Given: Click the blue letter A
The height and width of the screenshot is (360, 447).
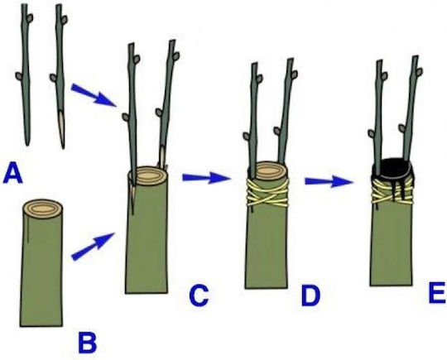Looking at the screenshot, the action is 12,173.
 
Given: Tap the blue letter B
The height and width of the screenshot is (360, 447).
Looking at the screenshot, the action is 88,343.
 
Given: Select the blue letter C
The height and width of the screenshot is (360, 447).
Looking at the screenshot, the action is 199,295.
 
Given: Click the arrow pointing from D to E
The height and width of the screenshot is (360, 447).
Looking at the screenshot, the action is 329,181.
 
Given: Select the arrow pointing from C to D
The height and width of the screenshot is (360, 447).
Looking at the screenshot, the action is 206,178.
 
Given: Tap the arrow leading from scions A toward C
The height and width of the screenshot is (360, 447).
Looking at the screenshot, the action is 94,95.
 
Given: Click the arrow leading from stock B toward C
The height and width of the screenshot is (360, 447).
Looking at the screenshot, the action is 93,247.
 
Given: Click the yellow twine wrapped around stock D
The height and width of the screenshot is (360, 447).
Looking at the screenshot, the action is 267,194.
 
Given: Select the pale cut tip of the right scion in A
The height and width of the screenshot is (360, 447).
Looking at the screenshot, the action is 62,128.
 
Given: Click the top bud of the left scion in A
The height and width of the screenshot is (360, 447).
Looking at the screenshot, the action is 30,18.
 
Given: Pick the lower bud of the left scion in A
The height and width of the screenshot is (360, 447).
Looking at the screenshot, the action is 19,76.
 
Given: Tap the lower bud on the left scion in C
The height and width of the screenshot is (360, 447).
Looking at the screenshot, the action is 126,117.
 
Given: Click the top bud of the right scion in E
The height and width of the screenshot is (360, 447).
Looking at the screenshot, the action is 420,71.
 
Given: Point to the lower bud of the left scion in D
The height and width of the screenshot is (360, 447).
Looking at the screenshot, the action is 247,137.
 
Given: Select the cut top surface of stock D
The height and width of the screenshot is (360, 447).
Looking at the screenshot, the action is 268,170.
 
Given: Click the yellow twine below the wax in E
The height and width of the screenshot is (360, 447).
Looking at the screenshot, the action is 392,191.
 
